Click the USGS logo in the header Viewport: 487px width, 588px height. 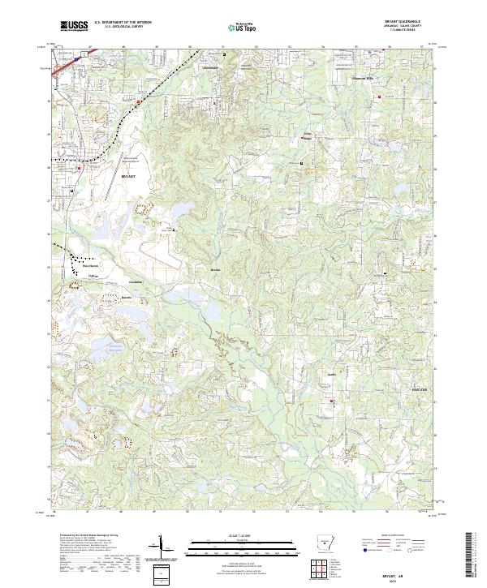74,26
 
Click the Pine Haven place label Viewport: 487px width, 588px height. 88,264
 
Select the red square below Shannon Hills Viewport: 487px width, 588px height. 377,98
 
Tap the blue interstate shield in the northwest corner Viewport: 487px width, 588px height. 74,59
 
